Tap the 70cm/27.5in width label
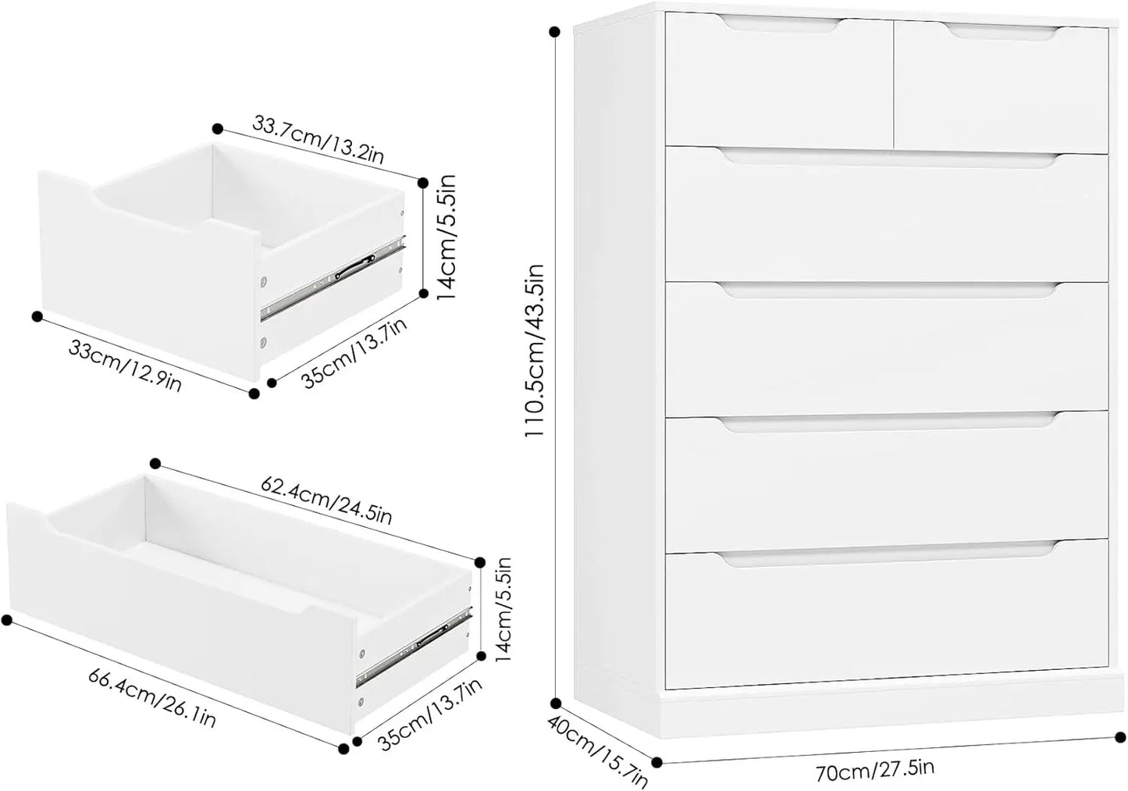[x=875, y=769]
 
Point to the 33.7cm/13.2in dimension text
[x=318, y=140]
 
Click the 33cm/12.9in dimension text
[x=125, y=364]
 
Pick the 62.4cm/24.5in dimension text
[x=326, y=499]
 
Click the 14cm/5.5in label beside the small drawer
[x=447, y=237]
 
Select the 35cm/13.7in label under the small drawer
[x=354, y=353]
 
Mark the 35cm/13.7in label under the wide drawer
[x=430, y=714]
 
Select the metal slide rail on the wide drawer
[x=415, y=647]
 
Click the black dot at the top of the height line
[x=554, y=32]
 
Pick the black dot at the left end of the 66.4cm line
[x=6, y=620]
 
